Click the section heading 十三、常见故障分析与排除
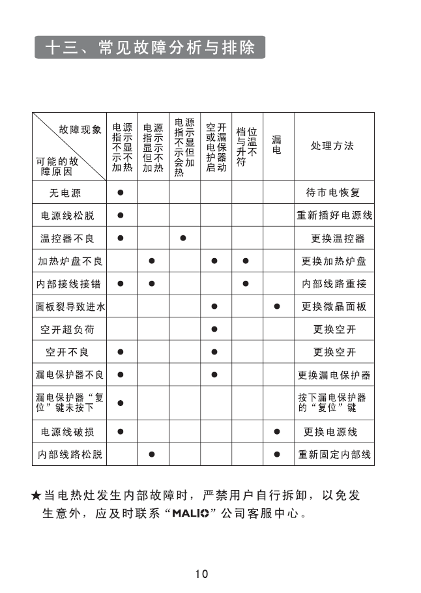coord(151,48)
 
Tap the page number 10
coord(201,574)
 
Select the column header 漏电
coord(277,145)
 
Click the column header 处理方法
coord(333,145)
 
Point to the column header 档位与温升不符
coord(246,147)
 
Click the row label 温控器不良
coord(70,239)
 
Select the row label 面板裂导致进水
coord(70,306)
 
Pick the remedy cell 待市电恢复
coord(333,193)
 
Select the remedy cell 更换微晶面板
coord(334,306)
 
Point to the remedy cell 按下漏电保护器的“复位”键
coord(332,403)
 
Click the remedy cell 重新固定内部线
coord(334,454)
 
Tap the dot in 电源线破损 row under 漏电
coord(277,431)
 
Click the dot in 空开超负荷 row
coord(214,330)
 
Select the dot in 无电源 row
coord(121,193)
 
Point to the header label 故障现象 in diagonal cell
coord(81,130)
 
